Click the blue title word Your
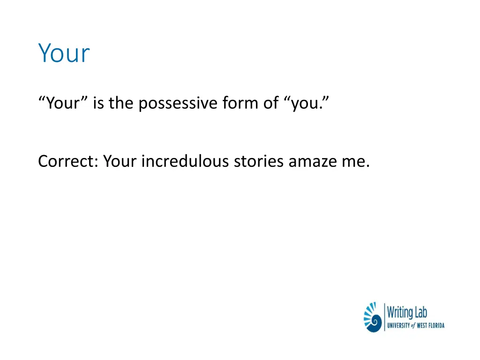click(64, 53)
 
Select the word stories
click(259, 161)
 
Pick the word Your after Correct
click(120, 161)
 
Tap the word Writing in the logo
click(400, 312)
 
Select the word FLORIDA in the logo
click(435, 325)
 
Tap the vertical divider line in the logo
click(384, 317)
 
